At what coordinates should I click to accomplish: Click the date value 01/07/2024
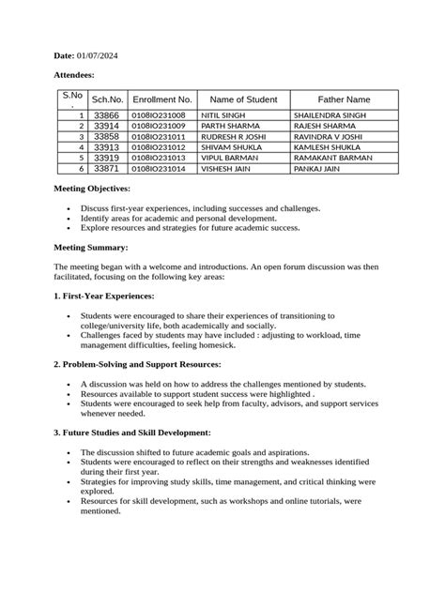[x=98, y=57]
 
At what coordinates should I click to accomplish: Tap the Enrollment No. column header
[x=162, y=99]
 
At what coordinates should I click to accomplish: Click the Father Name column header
[x=344, y=99]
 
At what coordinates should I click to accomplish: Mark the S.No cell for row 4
[x=82, y=147]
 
